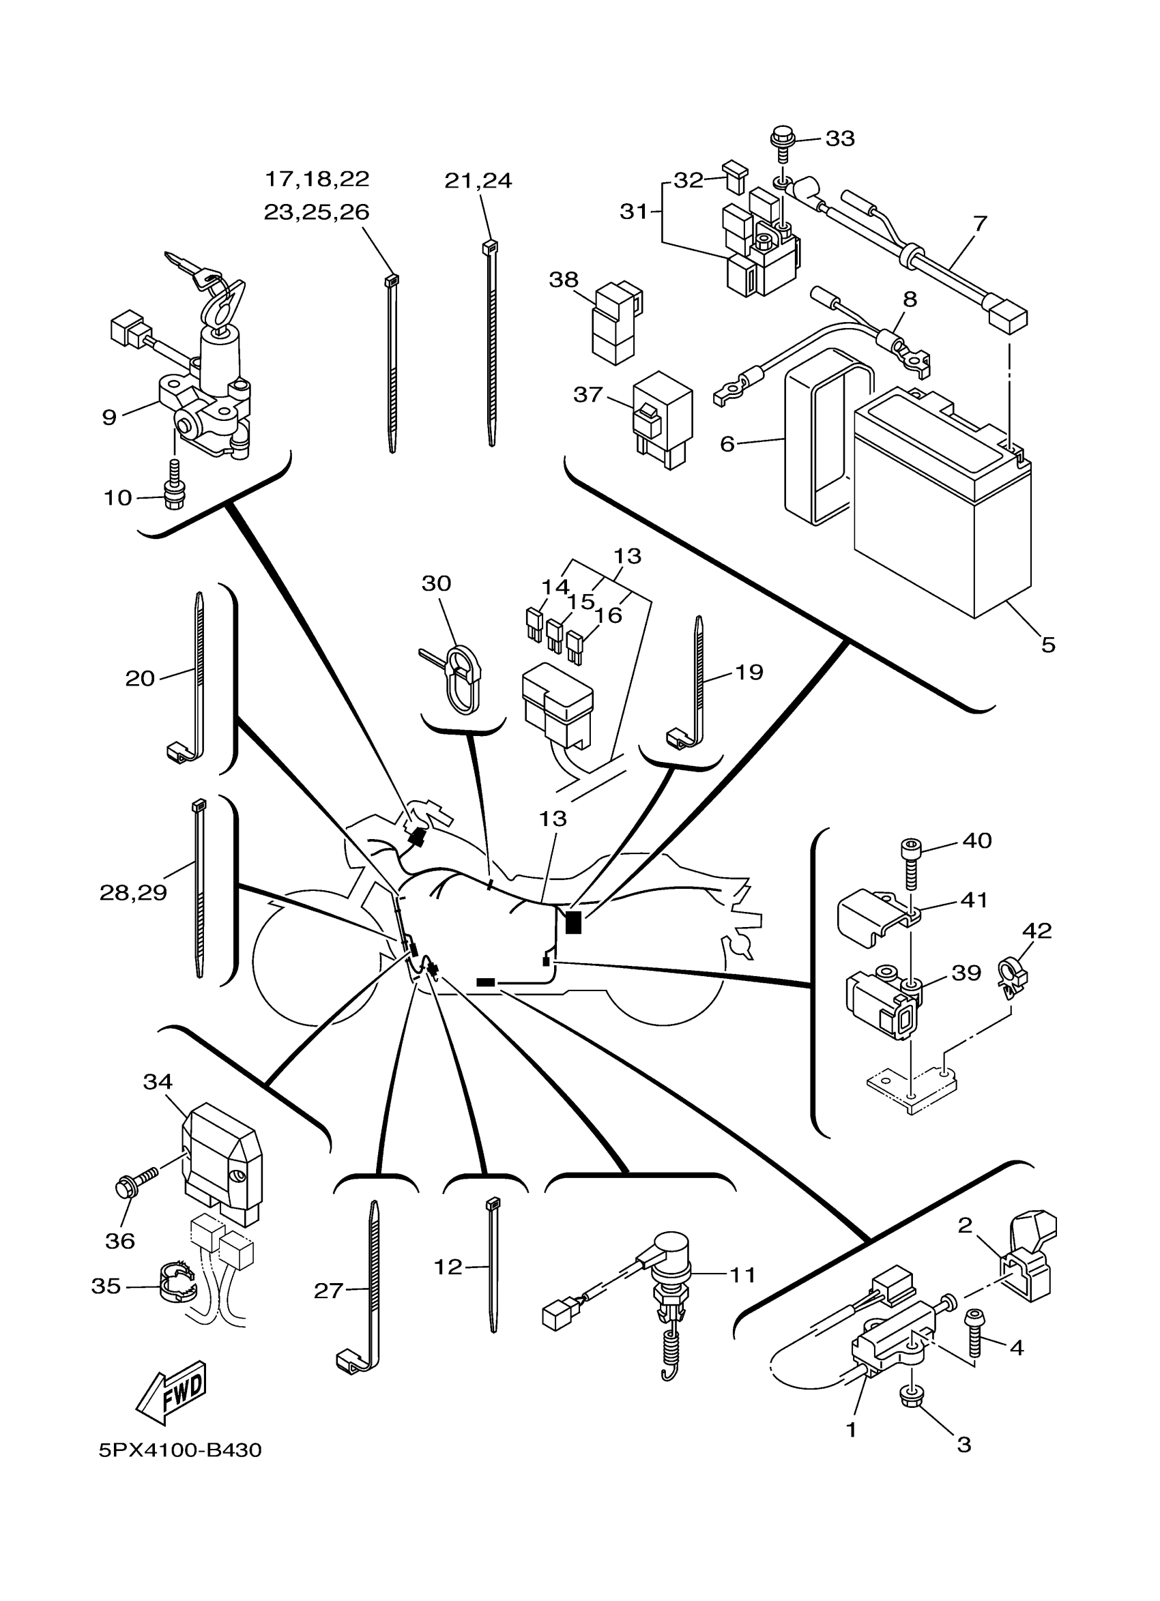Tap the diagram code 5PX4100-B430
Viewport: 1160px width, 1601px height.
(x=180, y=1450)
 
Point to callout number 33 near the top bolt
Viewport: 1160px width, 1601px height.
(x=840, y=138)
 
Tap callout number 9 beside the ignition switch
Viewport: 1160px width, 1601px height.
(x=109, y=417)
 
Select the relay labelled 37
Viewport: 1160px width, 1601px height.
(x=662, y=422)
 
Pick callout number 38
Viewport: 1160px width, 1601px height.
(x=564, y=280)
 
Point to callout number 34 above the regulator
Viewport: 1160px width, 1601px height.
(x=158, y=1081)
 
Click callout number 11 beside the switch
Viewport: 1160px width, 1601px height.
(x=742, y=1275)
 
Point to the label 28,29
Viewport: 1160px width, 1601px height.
(x=134, y=893)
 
